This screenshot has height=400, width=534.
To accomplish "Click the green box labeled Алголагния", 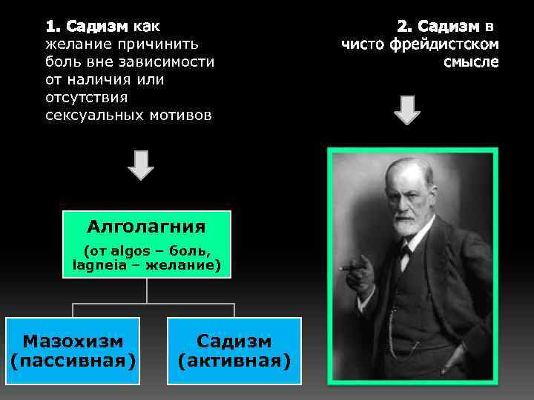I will [x=146, y=244].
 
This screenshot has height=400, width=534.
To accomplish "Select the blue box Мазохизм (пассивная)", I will [x=73, y=350].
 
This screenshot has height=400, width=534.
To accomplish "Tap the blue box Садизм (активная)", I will [x=234, y=350].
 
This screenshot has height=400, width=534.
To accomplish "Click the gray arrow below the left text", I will [x=141, y=164].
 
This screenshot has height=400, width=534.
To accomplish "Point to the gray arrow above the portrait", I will [x=406, y=109].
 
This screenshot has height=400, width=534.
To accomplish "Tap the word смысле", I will [x=471, y=62].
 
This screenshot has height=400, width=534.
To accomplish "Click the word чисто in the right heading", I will [x=365, y=44].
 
